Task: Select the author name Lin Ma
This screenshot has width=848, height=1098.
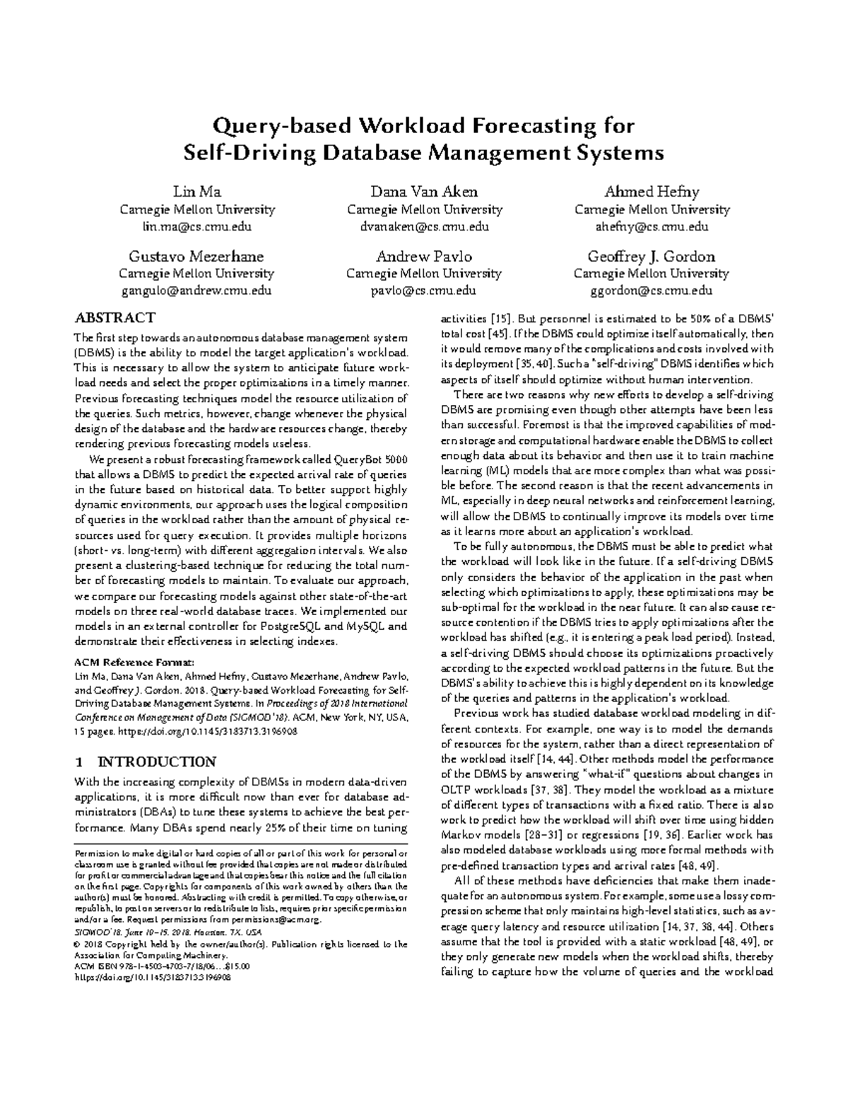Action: [x=197, y=192]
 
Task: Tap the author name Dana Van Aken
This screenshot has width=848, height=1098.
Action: [x=425, y=192]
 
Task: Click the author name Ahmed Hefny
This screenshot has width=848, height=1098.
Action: [x=652, y=192]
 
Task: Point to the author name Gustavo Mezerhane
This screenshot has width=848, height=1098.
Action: [x=196, y=256]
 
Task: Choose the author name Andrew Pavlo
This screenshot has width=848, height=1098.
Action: [x=424, y=256]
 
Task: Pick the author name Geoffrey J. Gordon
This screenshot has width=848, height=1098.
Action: [x=652, y=256]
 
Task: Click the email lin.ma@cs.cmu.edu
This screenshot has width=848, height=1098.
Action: [x=197, y=227]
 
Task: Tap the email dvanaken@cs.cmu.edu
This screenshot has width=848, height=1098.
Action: [x=425, y=227]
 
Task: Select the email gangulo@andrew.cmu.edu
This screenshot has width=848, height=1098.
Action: [x=196, y=291]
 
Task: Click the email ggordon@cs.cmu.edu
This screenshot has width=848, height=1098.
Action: [x=652, y=291]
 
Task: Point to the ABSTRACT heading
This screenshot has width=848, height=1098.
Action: [x=114, y=317]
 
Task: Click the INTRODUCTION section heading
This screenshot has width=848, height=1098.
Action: [x=156, y=761]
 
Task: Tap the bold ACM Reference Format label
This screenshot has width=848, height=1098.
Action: [x=134, y=662]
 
